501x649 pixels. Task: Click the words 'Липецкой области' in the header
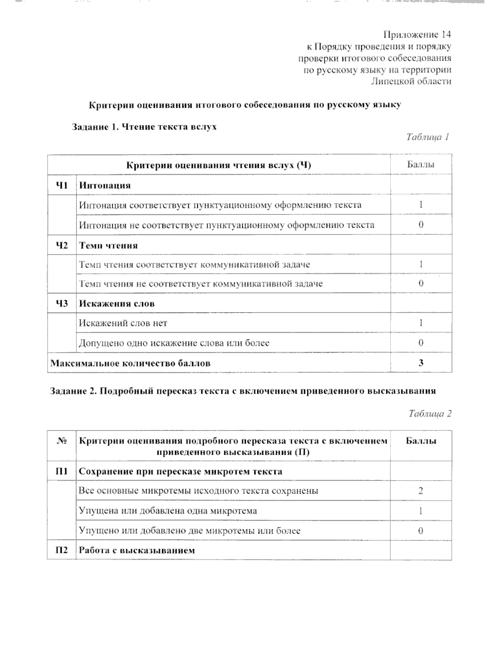coord(411,81)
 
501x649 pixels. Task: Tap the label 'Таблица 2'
coord(430,414)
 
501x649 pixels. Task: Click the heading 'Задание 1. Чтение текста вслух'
coord(144,127)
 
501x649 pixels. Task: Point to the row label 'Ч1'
coord(62,185)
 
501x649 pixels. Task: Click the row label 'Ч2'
coord(62,245)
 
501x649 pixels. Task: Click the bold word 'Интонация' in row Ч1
coord(105,185)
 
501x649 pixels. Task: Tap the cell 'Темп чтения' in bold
coord(108,245)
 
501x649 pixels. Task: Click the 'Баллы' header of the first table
coord(421,165)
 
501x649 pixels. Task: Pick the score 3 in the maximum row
coord(421,363)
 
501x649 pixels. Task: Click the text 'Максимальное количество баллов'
coord(130,363)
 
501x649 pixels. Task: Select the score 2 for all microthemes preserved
coord(421,491)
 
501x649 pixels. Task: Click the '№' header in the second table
coord(62,441)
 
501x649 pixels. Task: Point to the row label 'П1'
coord(62,471)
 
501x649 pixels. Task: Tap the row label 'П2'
coord(62,550)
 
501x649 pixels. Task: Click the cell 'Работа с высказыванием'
coord(137,550)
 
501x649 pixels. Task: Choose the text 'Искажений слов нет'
coord(123,323)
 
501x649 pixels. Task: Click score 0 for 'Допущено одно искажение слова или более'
coord(421,343)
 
